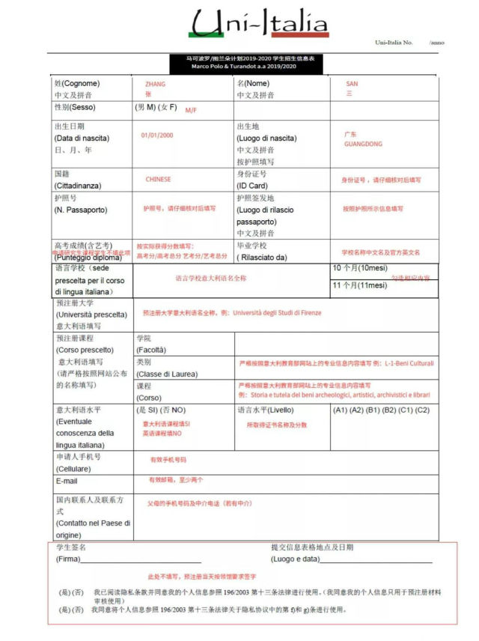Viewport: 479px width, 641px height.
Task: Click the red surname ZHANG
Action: (155, 84)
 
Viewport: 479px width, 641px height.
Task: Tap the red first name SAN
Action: (352, 84)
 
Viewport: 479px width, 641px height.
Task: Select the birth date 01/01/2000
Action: (156, 135)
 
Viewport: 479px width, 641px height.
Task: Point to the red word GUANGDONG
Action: (363, 144)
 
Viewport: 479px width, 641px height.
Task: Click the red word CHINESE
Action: (158, 180)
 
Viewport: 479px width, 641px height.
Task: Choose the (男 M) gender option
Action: (144, 108)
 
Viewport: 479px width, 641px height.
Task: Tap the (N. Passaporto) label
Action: (80, 210)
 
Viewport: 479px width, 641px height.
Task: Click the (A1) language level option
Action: (340, 410)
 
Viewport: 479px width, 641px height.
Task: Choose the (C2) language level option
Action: (423, 410)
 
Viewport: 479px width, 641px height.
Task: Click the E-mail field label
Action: (66, 481)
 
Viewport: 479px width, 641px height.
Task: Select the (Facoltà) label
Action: (150, 350)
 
